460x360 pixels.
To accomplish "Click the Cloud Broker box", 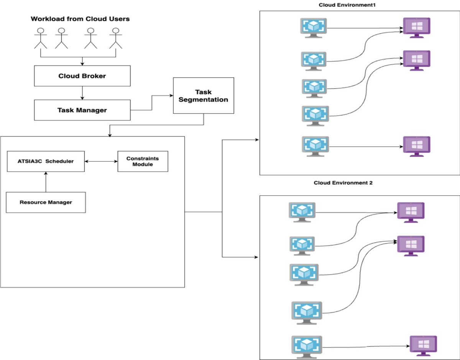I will pos(82,76).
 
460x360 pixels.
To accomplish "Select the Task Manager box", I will pos(82,110).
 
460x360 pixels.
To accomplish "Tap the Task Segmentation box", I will pos(203,95).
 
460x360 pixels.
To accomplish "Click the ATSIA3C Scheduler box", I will pos(46,161).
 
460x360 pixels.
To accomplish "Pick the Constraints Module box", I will pos(143,161).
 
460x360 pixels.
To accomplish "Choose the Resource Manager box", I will pos(46,202).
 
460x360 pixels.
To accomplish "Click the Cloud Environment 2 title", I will pos(343,183).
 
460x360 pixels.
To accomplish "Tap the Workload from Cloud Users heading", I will pos(80,19).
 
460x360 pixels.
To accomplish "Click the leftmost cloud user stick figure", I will pos(40,38).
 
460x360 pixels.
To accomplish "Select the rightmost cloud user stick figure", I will pos(115,38).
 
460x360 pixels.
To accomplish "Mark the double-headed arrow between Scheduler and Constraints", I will pos(101,161).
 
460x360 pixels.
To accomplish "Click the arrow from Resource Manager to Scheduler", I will pos(46,182).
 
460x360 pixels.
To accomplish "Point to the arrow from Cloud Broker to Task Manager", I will pos(82,93).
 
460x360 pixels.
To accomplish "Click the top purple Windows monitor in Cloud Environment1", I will pos(417,27).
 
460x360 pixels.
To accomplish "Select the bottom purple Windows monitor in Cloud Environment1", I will pos(417,146).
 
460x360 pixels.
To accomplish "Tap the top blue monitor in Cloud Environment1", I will pos(313,28).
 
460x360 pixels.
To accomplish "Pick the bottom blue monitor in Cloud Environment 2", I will pos(306,347).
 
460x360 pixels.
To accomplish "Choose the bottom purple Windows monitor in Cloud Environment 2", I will pos(423,346).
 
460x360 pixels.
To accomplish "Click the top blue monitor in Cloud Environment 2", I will pos(302,212).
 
